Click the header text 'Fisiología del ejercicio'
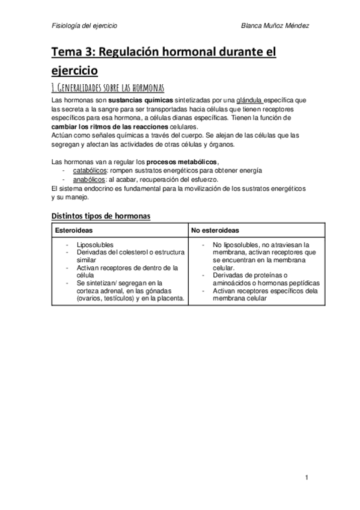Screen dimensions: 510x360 coord(84,26)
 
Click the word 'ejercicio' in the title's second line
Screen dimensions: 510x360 coord(75,71)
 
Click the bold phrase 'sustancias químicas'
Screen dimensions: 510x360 coord(141,99)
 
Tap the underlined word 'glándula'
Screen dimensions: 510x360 coord(252,99)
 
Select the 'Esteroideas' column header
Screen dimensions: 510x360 coord(73,230)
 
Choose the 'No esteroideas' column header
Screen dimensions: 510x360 coord(214,230)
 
